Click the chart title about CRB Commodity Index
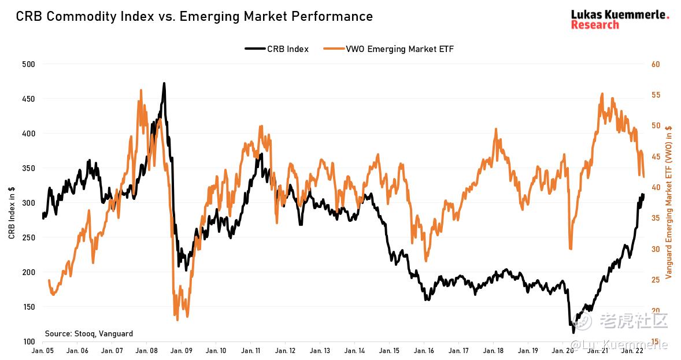194,16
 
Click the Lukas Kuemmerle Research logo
620,20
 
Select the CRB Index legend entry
277,49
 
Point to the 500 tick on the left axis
28,64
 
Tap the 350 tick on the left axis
28,168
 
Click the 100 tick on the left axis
28,342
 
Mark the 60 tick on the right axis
656,64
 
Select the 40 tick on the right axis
656,187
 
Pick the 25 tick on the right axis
656,280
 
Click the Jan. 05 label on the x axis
43,351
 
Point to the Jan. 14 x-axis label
354,351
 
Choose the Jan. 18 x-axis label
493,351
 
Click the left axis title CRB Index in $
12,213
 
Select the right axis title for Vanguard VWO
669,202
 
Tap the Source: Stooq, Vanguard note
89,333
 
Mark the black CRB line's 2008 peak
164,83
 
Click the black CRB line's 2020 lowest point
573,332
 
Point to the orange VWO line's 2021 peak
602,94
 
